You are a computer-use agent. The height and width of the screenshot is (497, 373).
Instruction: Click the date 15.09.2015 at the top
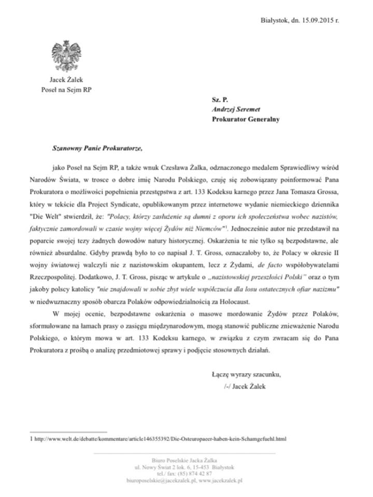pos(313,20)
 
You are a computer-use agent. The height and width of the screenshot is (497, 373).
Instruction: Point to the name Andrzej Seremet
pos(239,108)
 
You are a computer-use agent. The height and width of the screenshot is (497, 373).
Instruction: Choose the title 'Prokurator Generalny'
pos(246,119)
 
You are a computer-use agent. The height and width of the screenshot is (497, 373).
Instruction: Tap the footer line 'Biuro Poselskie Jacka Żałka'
pos(185,459)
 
